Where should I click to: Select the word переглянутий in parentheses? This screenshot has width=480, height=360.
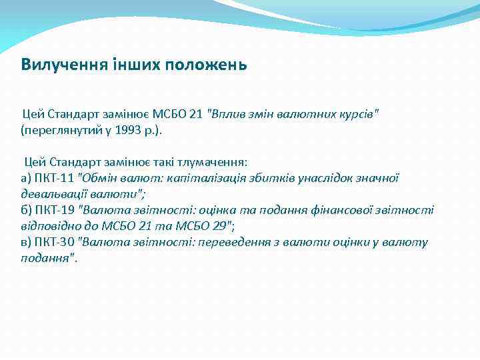[62, 129]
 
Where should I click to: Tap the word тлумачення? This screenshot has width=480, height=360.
[214, 161]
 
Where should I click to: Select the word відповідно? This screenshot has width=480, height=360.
[51, 226]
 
